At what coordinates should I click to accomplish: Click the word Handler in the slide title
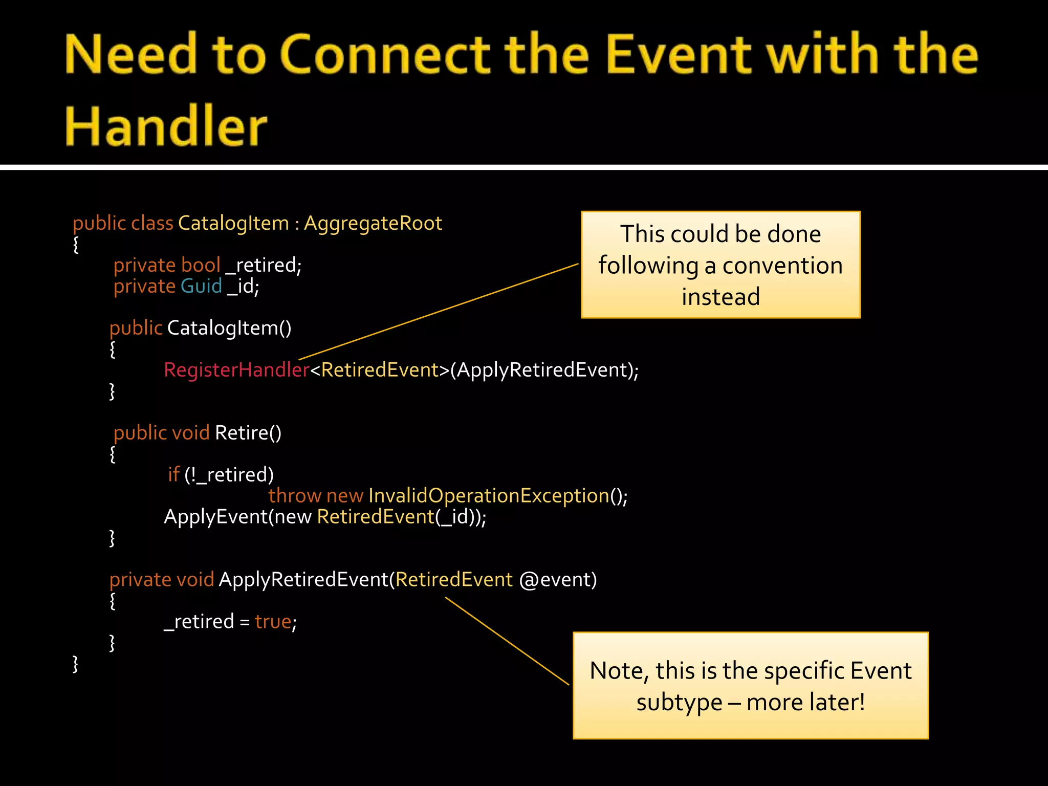coord(166,126)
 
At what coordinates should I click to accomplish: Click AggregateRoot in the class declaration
coord(373,223)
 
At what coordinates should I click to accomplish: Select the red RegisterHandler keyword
coord(236,369)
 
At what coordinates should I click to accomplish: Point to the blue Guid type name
coord(201,286)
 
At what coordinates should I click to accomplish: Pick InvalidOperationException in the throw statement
coord(489,495)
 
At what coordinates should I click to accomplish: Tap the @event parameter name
coord(557,579)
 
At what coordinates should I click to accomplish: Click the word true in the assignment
coord(273,621)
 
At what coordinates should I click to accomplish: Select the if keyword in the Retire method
coord(173,474)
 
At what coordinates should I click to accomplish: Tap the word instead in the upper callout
coord(720,297)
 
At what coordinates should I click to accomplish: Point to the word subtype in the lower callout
coord(679,702)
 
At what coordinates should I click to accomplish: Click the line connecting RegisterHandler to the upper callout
coord(439,312)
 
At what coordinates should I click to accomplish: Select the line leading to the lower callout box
coord(507,641)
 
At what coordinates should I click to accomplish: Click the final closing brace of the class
coord(76,664)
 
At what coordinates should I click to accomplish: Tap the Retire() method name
coord(248,433)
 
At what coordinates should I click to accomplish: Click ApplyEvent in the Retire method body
coord(215,517)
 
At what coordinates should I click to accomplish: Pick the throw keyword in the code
coord(294,495)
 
